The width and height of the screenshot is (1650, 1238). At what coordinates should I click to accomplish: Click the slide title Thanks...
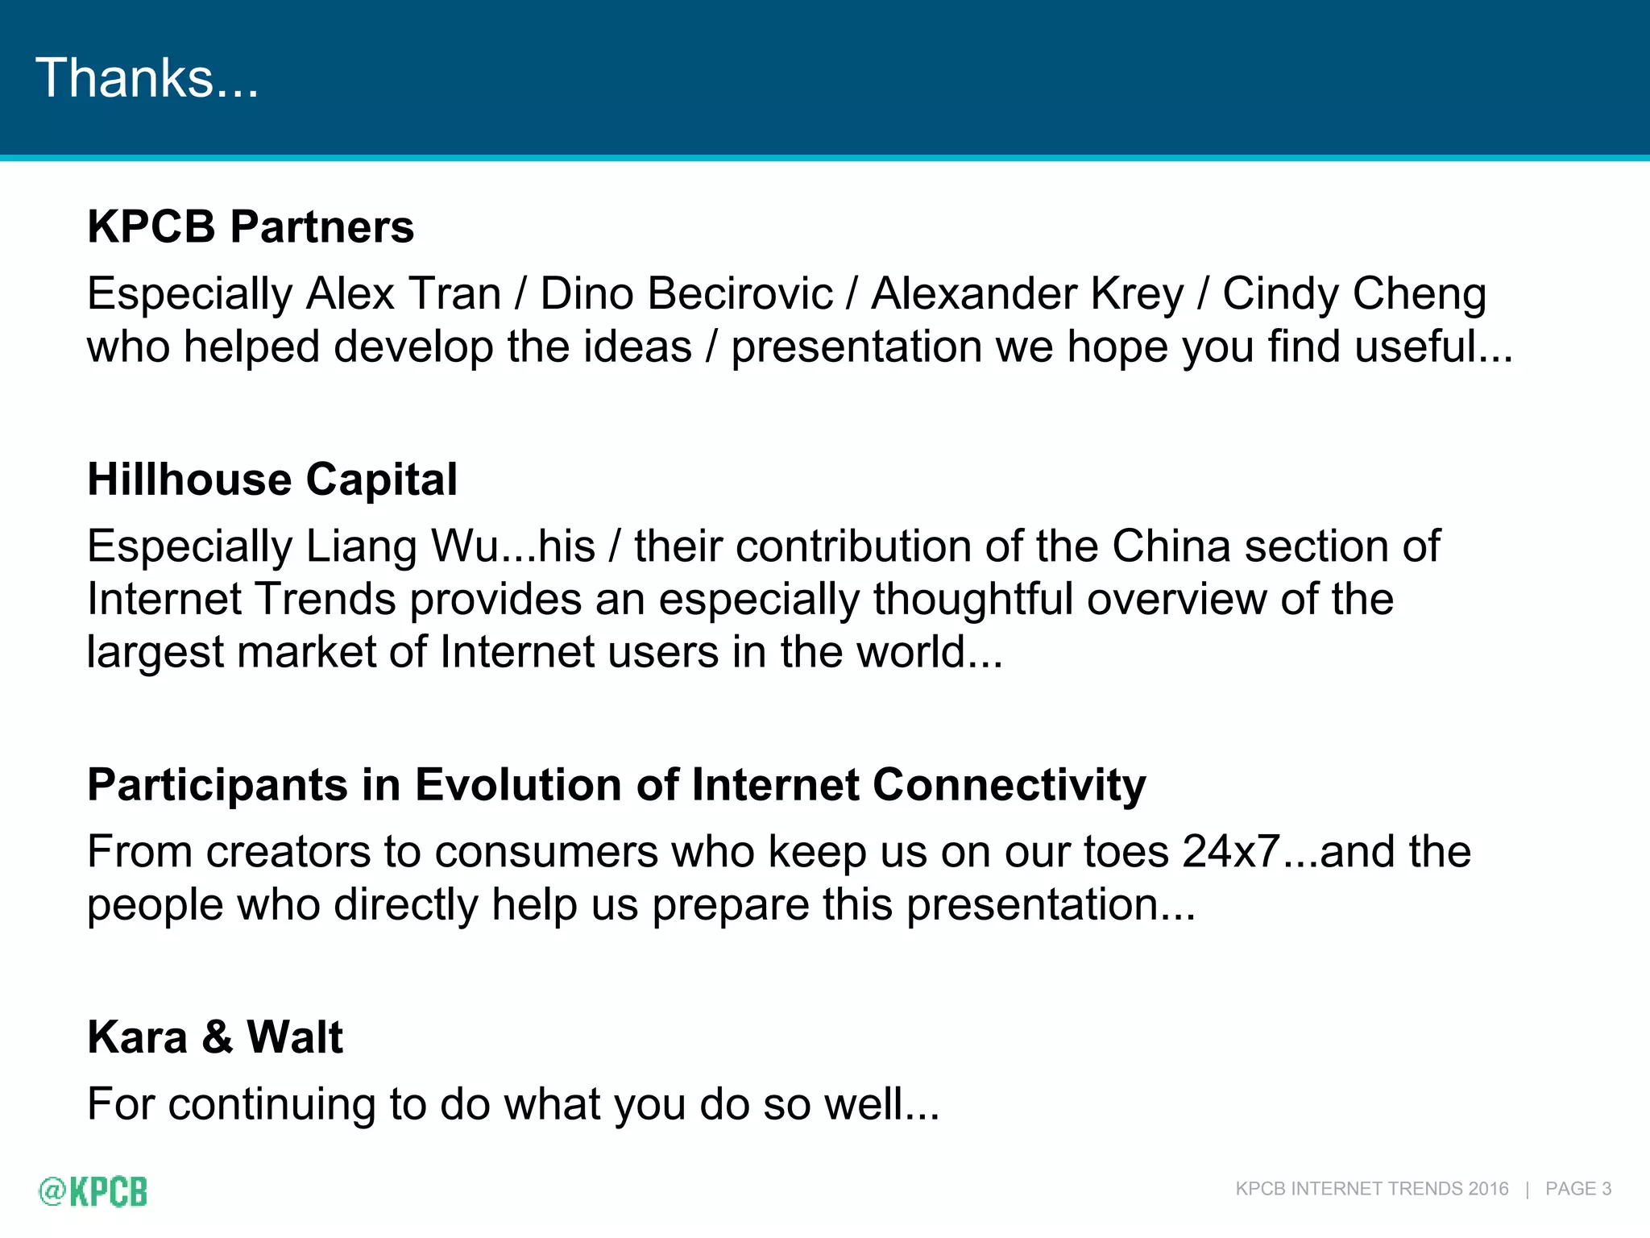click(147, 78)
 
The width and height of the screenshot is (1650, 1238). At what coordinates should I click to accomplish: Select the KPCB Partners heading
click(251, 226)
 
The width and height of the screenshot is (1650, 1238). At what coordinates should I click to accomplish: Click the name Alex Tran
click(404, 293)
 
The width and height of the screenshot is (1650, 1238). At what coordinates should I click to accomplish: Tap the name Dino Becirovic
click(686, 293)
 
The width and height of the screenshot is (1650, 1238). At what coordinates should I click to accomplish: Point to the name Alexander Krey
click(1027, 293)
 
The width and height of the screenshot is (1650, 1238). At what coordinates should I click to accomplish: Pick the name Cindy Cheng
click(1354, 293)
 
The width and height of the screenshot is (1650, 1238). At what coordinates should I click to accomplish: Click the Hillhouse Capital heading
click(272, 480)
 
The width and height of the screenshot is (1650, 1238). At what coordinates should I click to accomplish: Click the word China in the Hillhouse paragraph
click(1171, 546)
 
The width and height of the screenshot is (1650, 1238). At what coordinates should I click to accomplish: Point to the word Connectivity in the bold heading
click(1009, 785)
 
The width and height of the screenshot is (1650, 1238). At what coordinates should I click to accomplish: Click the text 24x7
click(1231, 852)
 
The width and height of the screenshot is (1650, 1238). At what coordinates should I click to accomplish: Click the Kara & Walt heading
click(215, 1037)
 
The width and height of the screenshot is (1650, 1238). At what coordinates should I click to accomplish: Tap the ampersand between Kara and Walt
click(217, 1037)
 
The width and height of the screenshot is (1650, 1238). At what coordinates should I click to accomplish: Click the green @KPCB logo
click(93, 1191)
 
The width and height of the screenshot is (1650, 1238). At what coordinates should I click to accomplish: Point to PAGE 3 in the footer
click(1577, 1189)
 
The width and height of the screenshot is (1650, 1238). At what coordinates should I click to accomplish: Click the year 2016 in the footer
click(1488, 1189)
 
